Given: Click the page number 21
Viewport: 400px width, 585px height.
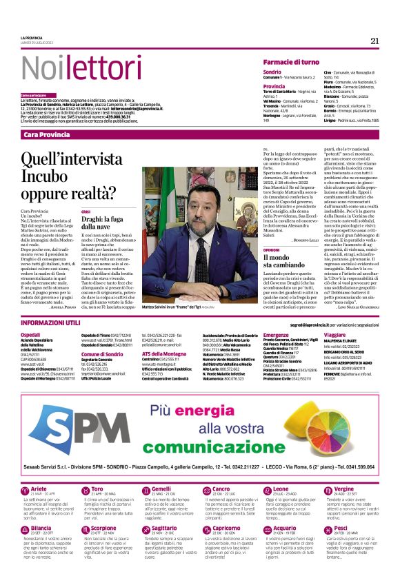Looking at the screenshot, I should pos(374,41).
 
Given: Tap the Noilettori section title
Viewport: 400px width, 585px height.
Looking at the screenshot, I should pos(66,68).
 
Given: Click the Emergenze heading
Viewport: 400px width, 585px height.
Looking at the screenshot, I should pos(276,334).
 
